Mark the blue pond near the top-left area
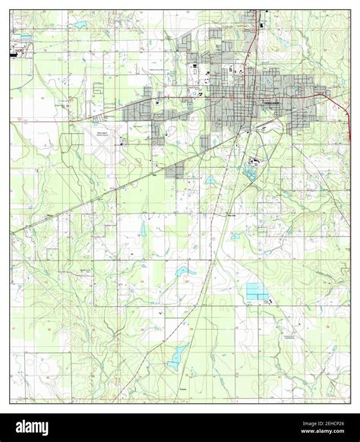[x=79, y=25]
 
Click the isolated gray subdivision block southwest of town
[x=175, y=170]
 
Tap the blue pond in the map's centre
[x=184, y=271]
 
